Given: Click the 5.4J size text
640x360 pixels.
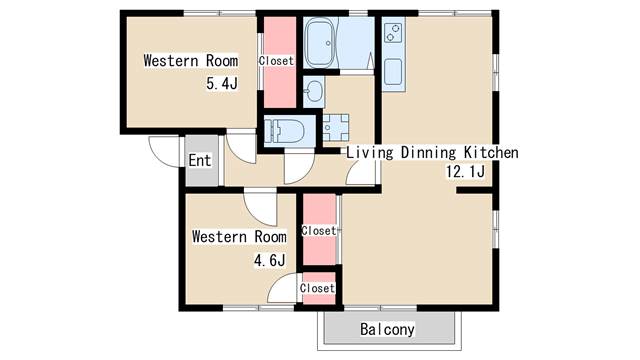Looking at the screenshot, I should [221, 84].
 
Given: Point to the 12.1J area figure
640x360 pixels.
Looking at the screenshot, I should [466, 173].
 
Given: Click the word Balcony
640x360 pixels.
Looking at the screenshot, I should [387, 329].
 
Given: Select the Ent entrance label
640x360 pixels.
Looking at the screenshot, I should [199, 160].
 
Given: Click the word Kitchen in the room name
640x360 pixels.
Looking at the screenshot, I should [490, 153].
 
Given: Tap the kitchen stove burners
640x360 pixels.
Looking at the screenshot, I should [392, 39].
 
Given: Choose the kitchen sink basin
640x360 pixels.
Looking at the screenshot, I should [393, 72].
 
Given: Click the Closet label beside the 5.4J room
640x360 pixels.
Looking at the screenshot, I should [276, 61].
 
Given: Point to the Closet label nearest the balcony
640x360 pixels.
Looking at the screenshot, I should [317, 288].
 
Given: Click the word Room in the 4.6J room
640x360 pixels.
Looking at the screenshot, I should [267, 237].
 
